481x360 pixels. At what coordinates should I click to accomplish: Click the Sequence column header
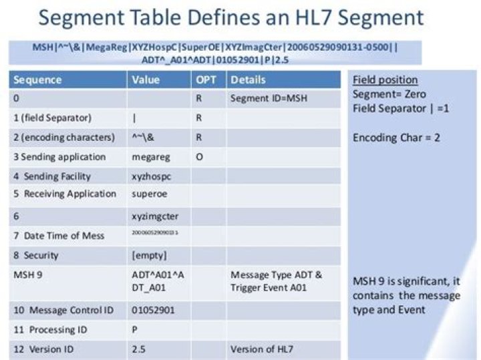(x=38, y=80)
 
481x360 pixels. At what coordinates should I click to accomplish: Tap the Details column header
(x=248, y=80)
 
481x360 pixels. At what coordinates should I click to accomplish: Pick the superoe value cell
(x=151, y=194)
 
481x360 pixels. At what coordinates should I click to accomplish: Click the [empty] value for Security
(x=149, y=255)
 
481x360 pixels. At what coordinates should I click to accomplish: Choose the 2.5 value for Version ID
(x=139, y=349)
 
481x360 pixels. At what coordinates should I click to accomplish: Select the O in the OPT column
(x=199, y=157)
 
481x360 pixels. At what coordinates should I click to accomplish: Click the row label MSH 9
(x=27, y=275)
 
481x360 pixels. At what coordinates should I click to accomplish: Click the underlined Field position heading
(x=385, y=80)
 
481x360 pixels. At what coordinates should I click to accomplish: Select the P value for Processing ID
(x=136, y=330)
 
